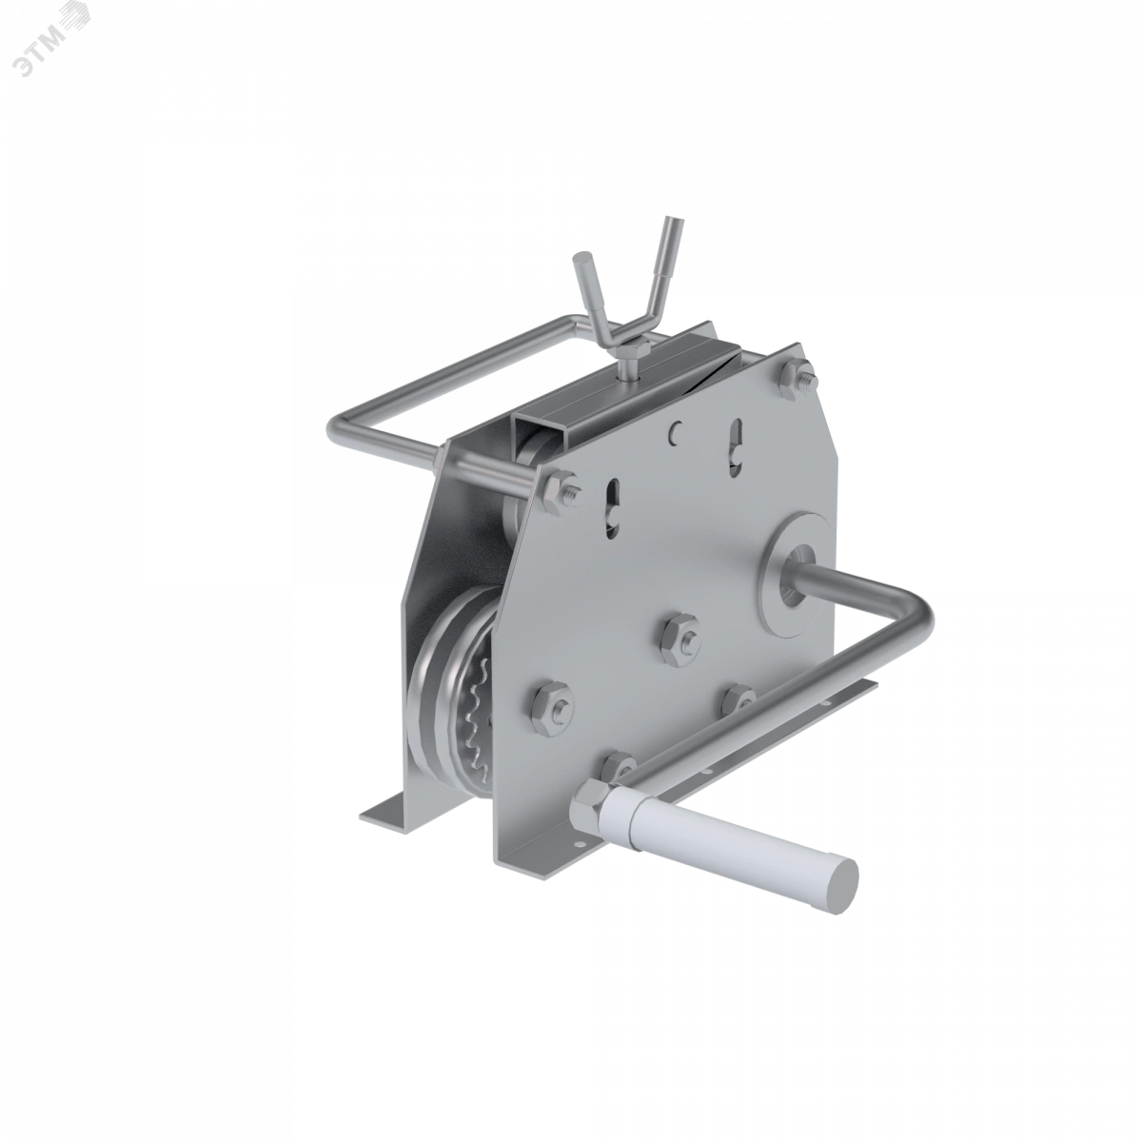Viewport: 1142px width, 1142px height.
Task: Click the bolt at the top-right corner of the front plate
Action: pyautogui.click(x=797, y=379)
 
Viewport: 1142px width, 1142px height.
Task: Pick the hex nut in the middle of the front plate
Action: pyautogui.click(x=679, y=641)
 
